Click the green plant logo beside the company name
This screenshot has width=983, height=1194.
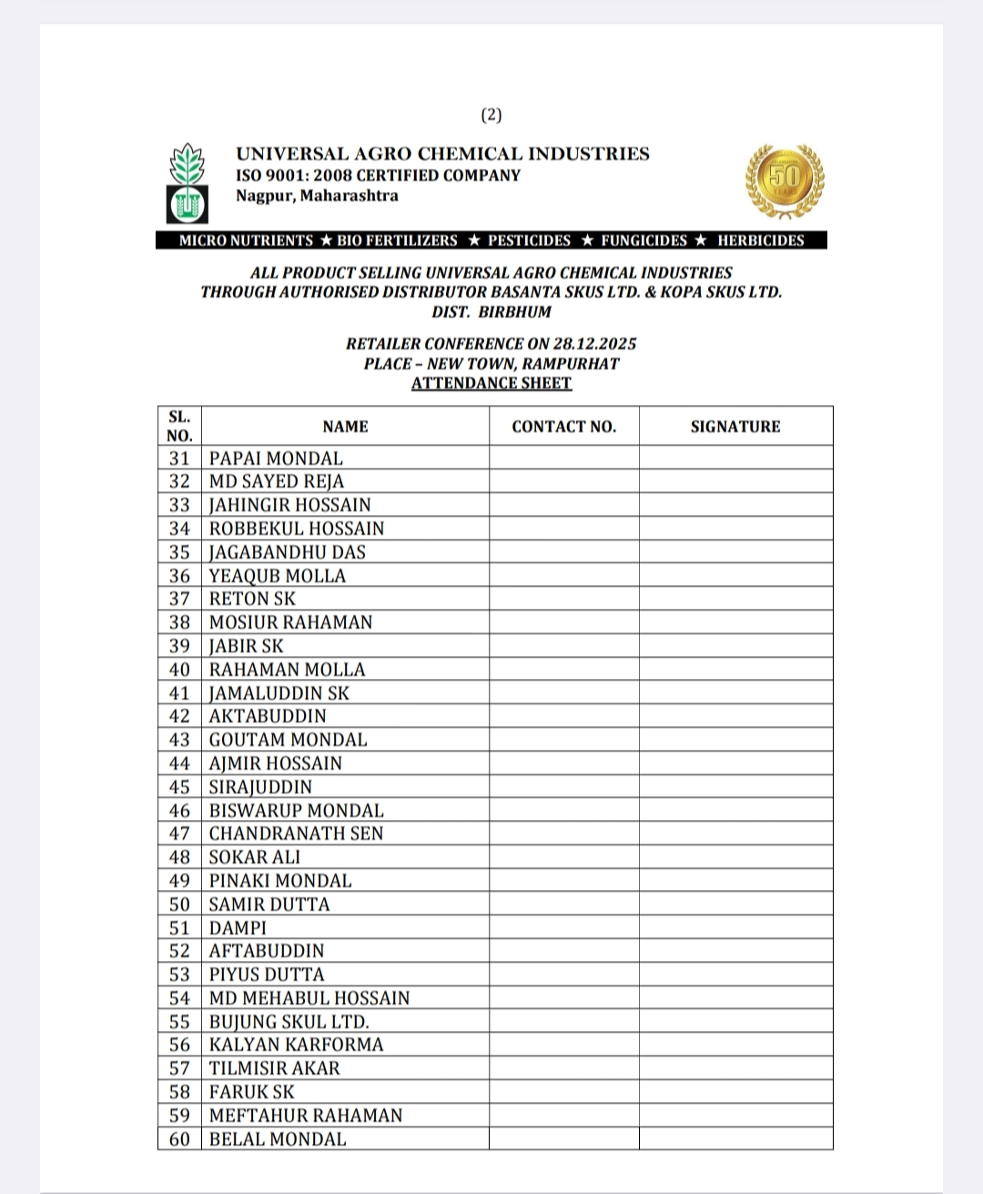point(187,182)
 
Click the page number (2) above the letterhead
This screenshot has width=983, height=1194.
point(491,116)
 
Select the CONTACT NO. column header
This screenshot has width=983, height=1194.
point(563,427)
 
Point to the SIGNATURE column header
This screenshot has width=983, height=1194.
point(735,427)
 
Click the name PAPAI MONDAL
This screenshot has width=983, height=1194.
point(276,459)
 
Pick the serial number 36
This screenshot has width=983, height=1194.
point(179,576)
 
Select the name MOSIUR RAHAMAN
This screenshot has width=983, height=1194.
point(290,622)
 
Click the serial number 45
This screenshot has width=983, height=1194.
point(179,787)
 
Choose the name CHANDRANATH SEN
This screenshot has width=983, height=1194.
point(296,834)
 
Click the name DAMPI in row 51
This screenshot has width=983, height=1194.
point(238,928)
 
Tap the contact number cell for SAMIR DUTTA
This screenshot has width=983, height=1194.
point(563,905)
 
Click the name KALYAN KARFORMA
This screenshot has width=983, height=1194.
point(296,1045)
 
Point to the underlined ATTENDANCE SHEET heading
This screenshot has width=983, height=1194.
point(491,383)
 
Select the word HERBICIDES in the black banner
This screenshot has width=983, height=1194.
point(760,240)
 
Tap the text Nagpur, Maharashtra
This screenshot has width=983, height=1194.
point(317,196)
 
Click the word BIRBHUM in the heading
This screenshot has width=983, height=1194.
point(515,312)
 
